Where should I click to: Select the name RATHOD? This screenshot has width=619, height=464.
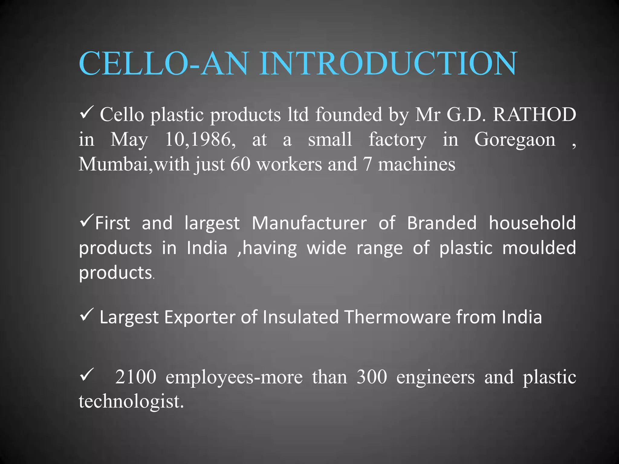pyautogui.click(x=534, y=115)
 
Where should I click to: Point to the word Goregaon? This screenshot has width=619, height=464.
pyautogui.click(x=515, y=140)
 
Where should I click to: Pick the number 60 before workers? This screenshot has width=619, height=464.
pyautogui.click(x=240, y=164)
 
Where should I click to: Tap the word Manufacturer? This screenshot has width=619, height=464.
pyautogui.click(x=309, y=223)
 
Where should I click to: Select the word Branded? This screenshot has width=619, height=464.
pyautogui.click(x=442, y=223)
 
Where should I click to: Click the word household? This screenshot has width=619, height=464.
pyautogui.click(x=532, y=223)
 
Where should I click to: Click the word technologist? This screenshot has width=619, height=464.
pyautogui.click(x=131, y=402)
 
